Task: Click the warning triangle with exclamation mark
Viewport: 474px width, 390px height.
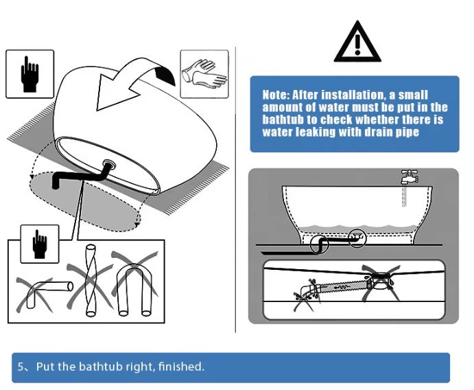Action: coord(357,43)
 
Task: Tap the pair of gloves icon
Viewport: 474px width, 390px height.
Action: coord(204,74)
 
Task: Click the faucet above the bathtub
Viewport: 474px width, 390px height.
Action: coord(409,177)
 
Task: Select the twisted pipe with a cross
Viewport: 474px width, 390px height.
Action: coord(91,280)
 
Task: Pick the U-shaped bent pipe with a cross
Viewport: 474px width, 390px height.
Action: coord(134,283)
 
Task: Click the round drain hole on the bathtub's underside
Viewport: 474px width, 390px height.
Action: coord(108,164)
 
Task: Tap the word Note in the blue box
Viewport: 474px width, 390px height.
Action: coord(276,95)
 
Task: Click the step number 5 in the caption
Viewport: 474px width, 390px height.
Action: coord(21,367)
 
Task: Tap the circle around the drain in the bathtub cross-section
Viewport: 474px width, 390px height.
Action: coord(357,238)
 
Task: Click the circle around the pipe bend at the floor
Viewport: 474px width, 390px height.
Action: coord(319,244)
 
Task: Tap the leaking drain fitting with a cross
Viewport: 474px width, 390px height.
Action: coord(381,282)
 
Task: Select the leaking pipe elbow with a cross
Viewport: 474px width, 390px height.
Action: coord(306,293)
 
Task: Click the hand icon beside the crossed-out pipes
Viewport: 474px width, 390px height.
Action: coord(40,244)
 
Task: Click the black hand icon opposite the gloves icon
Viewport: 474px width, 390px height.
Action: coord(29,74)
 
